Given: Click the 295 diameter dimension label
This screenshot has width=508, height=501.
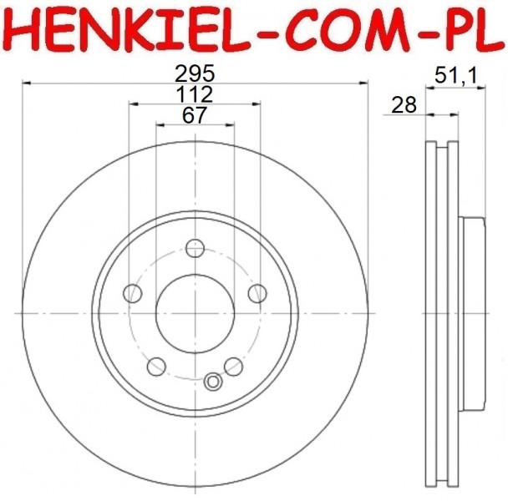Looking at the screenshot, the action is point(195,73).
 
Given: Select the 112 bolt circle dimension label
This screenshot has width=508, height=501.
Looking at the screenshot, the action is point(195,94).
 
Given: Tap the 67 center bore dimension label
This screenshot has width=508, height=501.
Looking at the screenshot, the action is point(195,115).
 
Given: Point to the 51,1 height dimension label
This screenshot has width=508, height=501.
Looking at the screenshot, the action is point(456,75).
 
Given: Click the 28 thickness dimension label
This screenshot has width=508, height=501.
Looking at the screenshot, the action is point(404,105).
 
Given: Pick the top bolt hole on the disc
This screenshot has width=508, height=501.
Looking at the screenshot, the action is point(195,248).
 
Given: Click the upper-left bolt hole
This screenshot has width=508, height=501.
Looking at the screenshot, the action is point(133,293).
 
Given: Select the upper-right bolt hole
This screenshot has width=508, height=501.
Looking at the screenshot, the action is point(257,293).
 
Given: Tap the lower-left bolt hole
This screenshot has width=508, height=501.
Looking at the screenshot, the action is point(156,367).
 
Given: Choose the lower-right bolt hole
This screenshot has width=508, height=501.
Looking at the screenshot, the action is point(233,367).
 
